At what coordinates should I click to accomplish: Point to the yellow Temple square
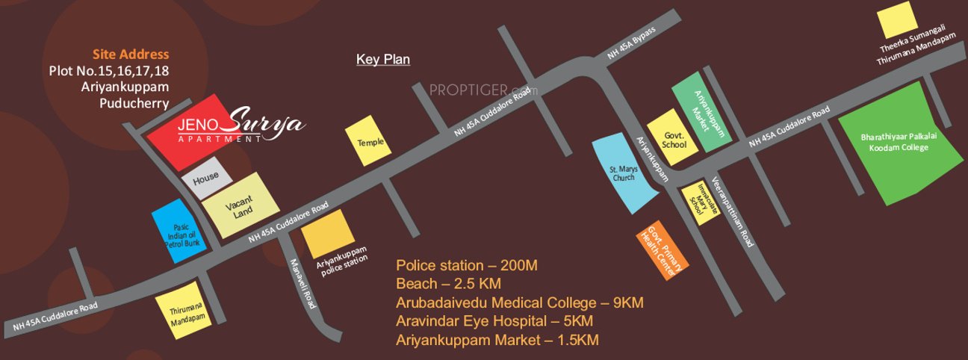point(366,141)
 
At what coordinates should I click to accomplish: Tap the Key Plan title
point(383,60)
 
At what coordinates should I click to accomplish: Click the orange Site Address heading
point(131,55)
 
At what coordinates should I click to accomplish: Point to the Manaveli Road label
point(303,285)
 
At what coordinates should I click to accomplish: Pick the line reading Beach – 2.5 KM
point(448,285)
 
